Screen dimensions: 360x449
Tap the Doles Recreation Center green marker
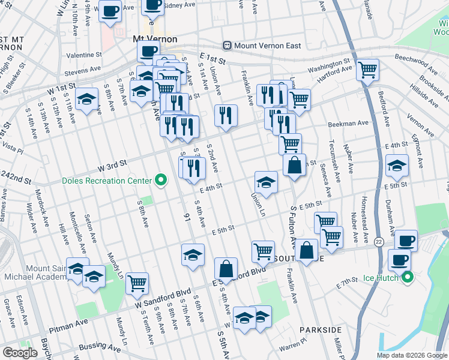[160, 179]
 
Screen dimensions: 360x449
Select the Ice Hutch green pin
[407, 277]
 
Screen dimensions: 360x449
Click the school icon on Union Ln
[266, 181]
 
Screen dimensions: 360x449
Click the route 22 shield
[379, 241]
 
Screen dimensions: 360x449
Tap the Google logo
[20, 353]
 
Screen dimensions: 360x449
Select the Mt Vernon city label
[154, 39]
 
